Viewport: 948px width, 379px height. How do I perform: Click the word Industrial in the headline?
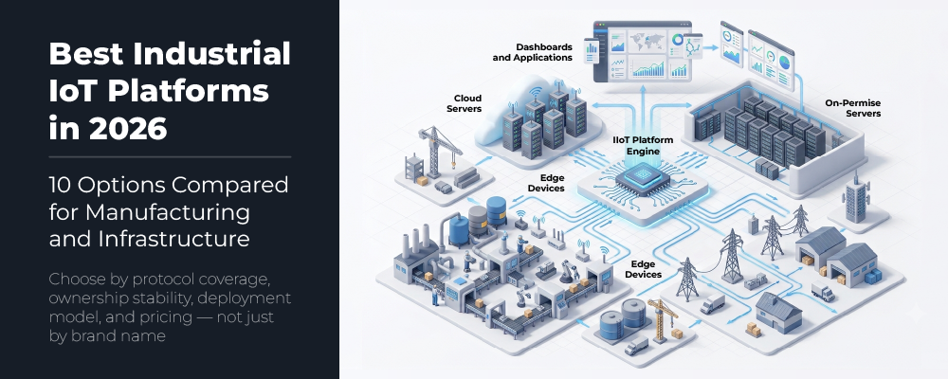(211, 54)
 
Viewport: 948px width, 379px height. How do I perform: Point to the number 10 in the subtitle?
(59, 185)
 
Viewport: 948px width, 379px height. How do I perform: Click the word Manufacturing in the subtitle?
(168, 213)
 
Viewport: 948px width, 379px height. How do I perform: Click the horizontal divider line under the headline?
(170, 157)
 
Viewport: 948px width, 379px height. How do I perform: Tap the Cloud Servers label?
(465, 103)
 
